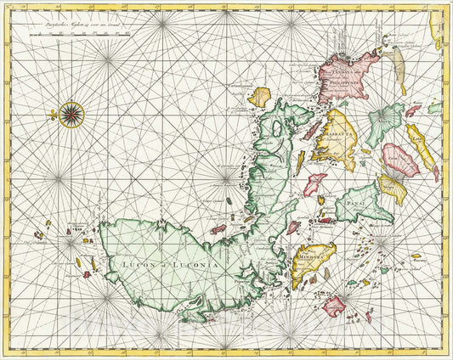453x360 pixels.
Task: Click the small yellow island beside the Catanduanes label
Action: click(258, 97)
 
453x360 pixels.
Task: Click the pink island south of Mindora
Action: click(334, 305)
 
